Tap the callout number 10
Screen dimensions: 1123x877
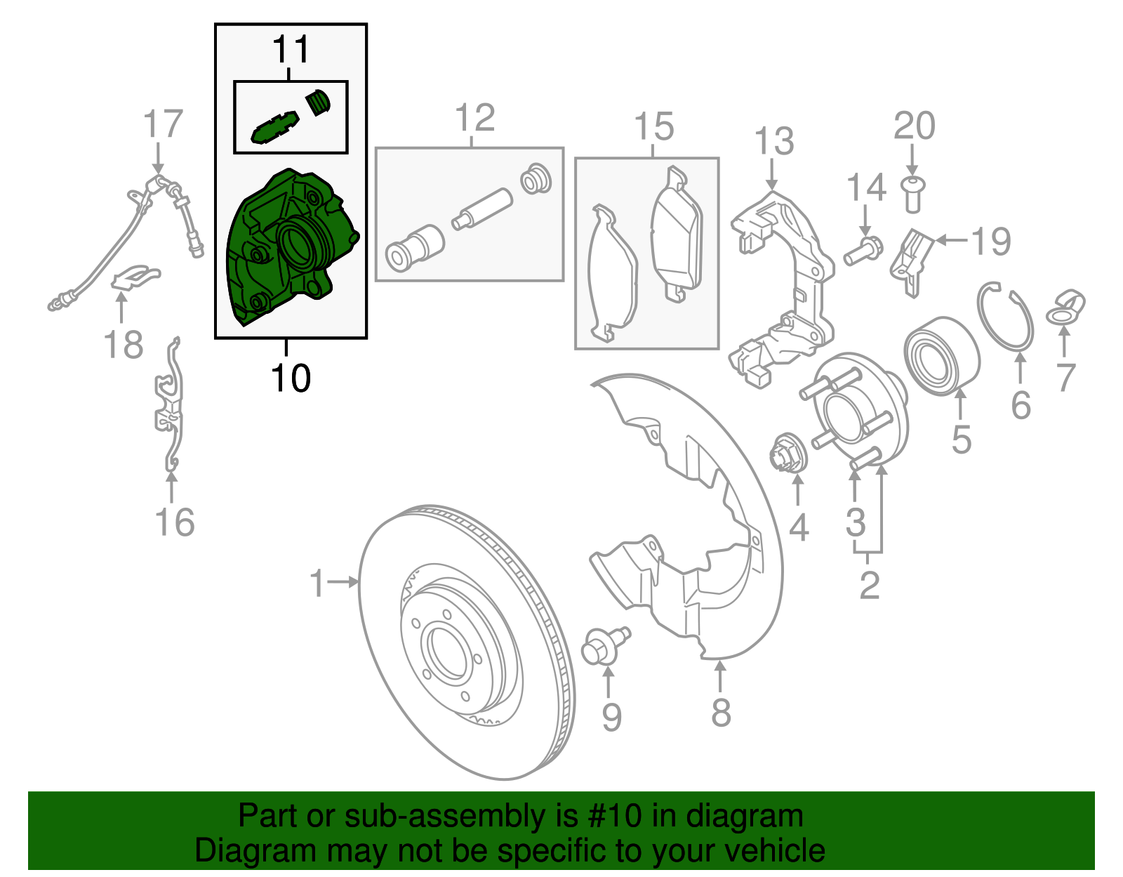[x=290, y=378]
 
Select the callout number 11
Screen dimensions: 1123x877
[x=291, y=50]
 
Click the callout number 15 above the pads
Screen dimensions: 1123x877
[x=653, y=127]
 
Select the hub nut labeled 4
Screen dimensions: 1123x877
[x=790, y=454]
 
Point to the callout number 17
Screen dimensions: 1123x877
[x=162, y=124]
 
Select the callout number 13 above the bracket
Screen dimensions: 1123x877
[x=774, y=141]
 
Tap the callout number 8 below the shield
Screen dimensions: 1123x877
[x=721, y=713]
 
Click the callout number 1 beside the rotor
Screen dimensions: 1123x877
[x=318, y=583]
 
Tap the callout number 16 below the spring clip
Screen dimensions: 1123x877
[x=175, y=523]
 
